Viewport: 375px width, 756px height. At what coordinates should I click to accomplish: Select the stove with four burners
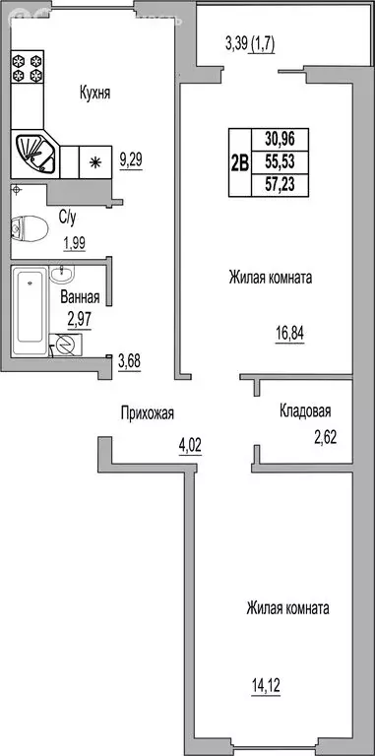(26, 67)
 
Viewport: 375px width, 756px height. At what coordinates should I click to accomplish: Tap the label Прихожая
(149, 413)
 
